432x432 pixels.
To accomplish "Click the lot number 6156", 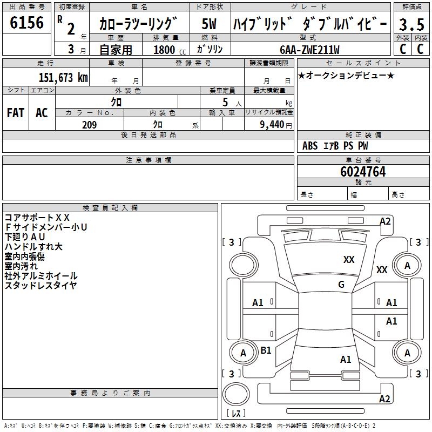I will click(27, 23).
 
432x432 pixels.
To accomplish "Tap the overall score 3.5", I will click(411, 24).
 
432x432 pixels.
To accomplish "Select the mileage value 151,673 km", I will click(63, 78).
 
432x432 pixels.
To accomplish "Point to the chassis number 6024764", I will click(363, 172).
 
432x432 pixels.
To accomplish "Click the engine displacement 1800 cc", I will click(167, 50).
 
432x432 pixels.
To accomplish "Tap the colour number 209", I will click(89, 125).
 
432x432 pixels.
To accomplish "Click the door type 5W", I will click(210, 24).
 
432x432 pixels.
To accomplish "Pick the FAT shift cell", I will click(15, 113).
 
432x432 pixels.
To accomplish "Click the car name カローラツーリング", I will click(138, 24).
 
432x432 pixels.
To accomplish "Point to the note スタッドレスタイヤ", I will click(41, 286).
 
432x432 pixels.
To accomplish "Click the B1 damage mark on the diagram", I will click(266, 350).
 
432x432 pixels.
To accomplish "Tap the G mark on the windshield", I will click(341, 285).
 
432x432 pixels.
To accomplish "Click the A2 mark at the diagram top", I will click(385, 221).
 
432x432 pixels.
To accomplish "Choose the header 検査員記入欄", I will click(110, 207).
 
